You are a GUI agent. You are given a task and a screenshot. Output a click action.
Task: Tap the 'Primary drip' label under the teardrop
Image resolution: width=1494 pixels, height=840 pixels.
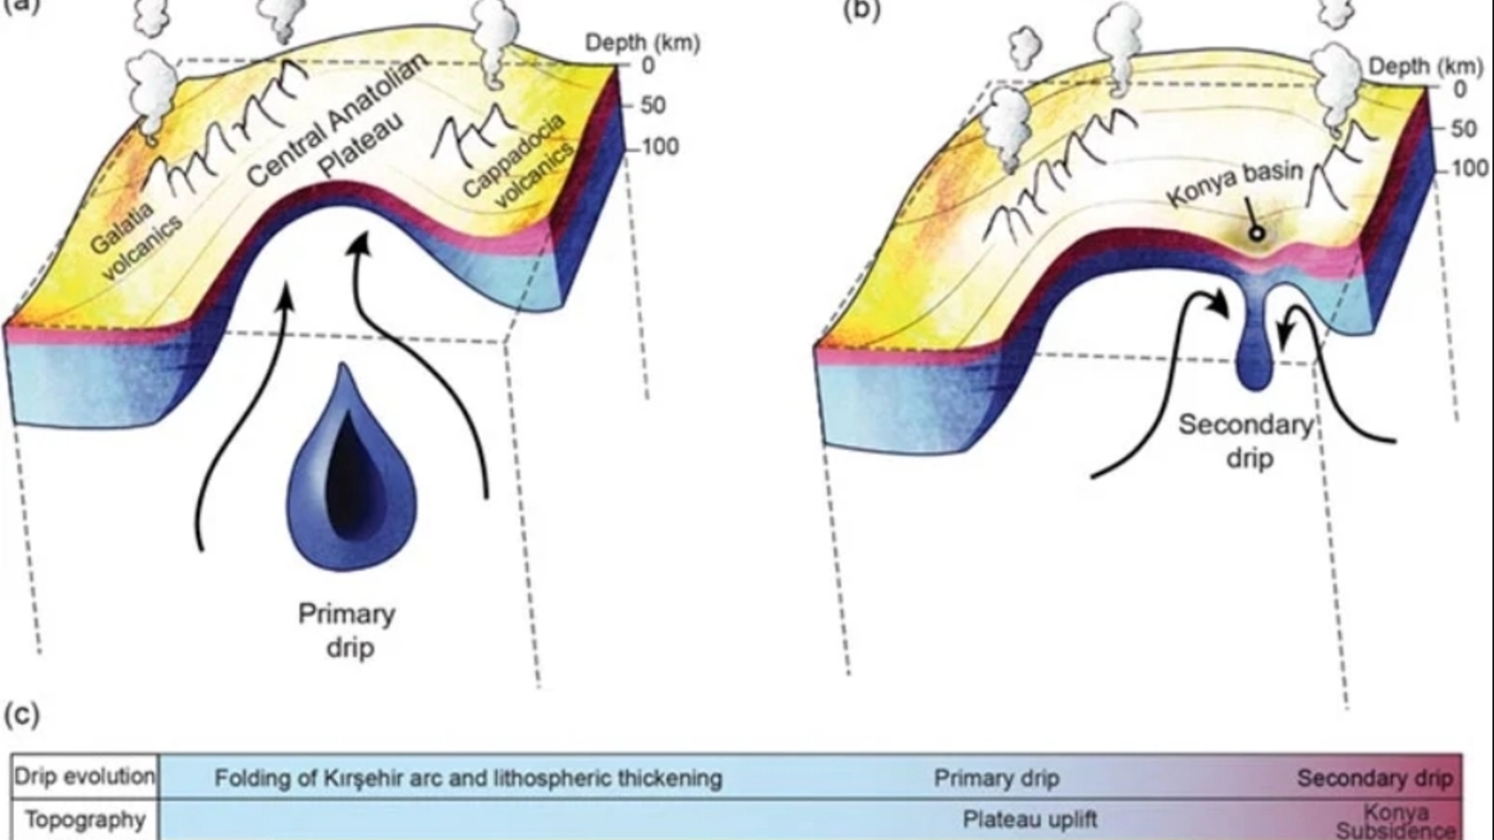(x=347, y=630)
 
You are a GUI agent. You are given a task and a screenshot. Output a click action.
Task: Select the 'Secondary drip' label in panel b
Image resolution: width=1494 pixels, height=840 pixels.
(x=1246, y=441)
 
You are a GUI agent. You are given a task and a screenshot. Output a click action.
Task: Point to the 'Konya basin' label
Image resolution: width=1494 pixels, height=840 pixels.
(x=1233, y=188)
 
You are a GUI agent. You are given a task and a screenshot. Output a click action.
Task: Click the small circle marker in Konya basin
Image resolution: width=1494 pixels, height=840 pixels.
(x=1257, y=232)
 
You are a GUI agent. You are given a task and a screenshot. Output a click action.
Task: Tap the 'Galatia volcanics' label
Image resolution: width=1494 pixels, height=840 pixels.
(x=136, y=238)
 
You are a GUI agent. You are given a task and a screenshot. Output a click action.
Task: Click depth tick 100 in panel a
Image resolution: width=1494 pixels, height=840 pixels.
(x=659, y=147)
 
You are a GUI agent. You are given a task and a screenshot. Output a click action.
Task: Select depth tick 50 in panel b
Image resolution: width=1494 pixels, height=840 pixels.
(x=1462, y=128)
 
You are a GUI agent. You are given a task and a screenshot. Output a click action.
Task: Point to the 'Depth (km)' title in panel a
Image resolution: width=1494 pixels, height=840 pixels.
(x=641, y=42)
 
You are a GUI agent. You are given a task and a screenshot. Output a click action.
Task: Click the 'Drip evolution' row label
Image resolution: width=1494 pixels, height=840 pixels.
(x=84, y=777)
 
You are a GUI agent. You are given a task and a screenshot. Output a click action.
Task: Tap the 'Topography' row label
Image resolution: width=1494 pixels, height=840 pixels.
(x=84, y=819)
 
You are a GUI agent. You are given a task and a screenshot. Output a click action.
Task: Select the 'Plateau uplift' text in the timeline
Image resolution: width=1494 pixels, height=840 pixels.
(x=1029, y=819)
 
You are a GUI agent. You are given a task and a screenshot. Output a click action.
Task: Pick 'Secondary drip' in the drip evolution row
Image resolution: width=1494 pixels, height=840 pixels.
(x=1374, y=777)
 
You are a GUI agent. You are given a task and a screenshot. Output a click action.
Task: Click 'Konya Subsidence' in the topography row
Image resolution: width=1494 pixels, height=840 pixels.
(x=1395, y=821)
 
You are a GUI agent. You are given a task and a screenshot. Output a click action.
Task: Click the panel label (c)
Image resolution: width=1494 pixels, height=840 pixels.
(x=21, y=715)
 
